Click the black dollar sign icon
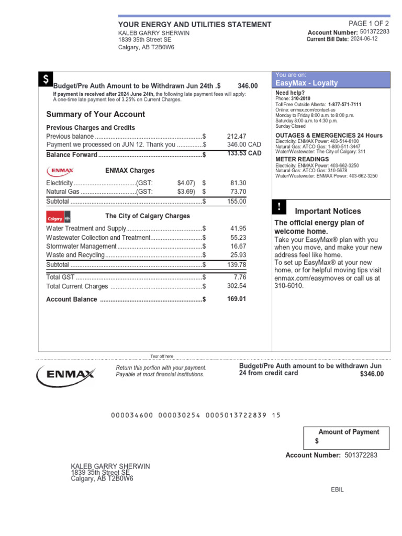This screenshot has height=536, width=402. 46,80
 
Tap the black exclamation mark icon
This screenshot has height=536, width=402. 280,207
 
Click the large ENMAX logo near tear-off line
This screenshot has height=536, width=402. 66,374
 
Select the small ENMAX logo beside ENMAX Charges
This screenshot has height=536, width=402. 60,171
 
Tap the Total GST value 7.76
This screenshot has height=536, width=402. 240,277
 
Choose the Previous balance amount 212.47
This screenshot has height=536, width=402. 236,136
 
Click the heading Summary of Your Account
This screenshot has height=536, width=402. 96,114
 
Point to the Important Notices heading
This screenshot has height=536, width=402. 328,211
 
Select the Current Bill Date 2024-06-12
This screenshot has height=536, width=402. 364,39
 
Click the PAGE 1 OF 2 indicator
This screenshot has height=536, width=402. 368,24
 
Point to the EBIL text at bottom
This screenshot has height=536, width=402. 338,489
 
